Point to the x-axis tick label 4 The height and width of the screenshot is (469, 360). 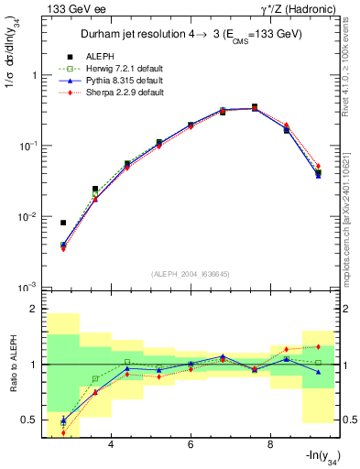tap(111, 446)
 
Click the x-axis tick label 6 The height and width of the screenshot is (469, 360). tap(191, 446)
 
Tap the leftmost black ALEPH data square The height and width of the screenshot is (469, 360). tap(63, 223)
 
